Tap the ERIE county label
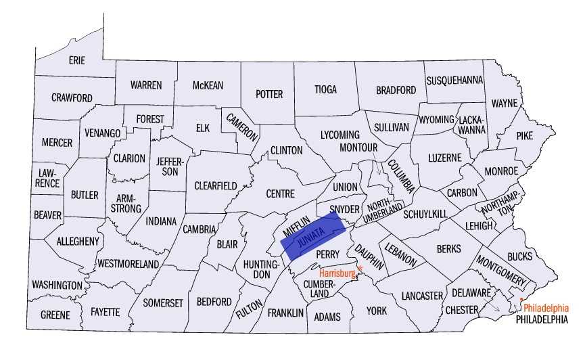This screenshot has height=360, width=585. (77, 60)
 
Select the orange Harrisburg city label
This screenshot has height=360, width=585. (337, 273)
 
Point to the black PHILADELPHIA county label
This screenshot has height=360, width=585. (540, 319)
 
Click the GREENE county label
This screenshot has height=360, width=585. (55, 315)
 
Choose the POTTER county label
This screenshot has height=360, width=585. (269, 94)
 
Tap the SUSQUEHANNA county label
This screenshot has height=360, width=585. (454, 80)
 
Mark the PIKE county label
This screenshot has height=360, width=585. (525, 135)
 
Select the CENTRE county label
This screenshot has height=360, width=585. (280, 194)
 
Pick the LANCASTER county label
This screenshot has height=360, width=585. (421, 296)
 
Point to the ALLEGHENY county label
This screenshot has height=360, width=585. (78, 241)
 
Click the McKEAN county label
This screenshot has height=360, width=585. (208, 85)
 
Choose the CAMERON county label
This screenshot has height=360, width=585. (243, 125)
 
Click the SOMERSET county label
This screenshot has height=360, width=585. (162, 302)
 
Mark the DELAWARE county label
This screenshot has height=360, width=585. (471, 293)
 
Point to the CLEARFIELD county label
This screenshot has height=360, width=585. (216, 185)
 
